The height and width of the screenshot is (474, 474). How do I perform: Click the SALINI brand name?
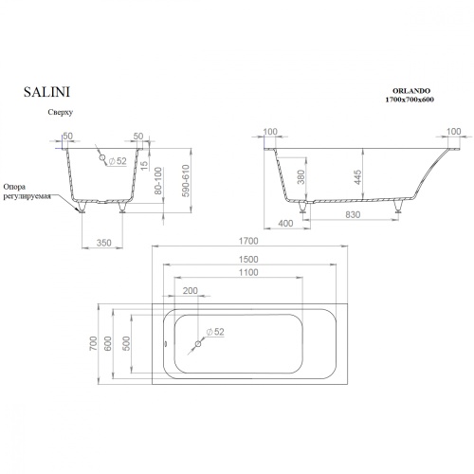click(46, 92)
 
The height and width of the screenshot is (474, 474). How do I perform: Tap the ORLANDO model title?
click(411, 91)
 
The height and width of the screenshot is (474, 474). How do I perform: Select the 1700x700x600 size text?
click(410, 100)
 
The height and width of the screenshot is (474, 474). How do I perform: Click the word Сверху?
click(61, 112)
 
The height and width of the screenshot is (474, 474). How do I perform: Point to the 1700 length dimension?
click(248, 241)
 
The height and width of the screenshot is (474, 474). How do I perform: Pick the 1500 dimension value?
click(248, 260)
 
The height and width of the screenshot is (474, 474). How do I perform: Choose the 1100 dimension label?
click(248, 272)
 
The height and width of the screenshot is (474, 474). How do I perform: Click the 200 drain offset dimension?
click(191, 291)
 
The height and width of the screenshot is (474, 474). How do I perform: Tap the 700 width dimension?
click(94, 343)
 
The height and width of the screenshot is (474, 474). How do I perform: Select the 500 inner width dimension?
click(126, 343)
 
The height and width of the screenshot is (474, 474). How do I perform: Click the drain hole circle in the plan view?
click(198, 344)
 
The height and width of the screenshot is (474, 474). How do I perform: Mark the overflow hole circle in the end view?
click(102, 157)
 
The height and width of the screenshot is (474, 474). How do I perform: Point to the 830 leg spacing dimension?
click(353, 215)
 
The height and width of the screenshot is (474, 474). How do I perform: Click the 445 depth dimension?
click(357, 177)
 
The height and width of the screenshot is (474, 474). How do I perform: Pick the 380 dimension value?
click(301, 177)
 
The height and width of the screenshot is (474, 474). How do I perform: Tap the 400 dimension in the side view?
click(285, 224)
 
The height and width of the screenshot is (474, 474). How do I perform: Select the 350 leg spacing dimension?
click(104, 243)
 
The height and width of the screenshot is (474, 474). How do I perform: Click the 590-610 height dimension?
click(186, 181)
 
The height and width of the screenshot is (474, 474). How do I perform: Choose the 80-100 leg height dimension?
click(158, 181)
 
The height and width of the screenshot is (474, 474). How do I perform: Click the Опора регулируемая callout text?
click(27, 191)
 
